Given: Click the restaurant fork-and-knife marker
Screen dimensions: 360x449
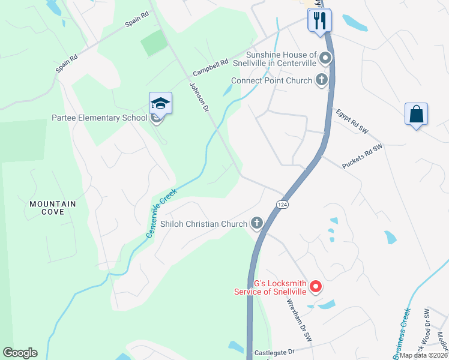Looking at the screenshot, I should click(319, 20).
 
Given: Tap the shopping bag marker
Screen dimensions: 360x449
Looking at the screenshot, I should click(417, 114).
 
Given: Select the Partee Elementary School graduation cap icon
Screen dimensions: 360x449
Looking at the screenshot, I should click(160, 104).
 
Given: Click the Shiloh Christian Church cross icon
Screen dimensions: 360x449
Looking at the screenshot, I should click(257, 224).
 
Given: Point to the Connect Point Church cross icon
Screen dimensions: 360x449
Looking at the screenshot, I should click(322, 80).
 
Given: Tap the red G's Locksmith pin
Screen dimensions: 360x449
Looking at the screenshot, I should click(316, 287).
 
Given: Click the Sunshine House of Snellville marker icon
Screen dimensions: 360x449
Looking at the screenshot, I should click(325, 58).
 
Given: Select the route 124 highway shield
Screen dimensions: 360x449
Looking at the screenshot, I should click(281, 205).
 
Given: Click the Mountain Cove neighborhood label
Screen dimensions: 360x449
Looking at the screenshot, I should click(53, 208).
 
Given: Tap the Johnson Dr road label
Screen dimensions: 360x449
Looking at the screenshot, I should click(199, 95).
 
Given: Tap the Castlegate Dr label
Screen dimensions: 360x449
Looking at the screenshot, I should click(276, 352).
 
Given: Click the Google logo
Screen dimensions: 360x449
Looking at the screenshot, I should click(20, 353).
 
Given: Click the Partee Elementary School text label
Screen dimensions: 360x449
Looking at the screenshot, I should click(99, 118).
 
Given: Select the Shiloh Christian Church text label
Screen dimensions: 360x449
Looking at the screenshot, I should click(204, 224).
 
